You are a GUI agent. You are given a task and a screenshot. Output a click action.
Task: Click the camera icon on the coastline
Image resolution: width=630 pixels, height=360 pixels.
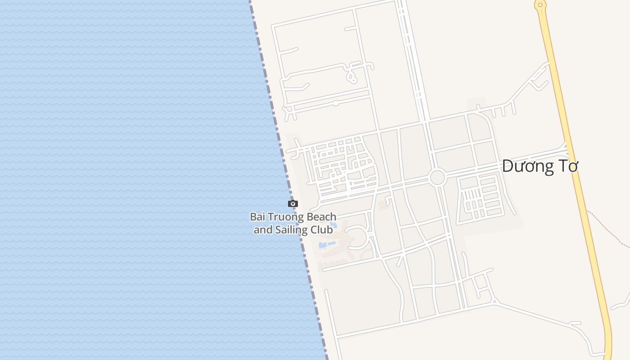(x=293, y=204)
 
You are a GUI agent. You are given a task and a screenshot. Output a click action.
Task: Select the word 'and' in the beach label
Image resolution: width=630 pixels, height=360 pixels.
(x=263, y=230)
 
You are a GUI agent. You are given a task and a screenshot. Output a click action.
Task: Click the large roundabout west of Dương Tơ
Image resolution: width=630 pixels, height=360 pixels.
(x=437, y=177)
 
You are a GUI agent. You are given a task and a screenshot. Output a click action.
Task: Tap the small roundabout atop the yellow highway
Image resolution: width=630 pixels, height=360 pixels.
(x=540, y=5)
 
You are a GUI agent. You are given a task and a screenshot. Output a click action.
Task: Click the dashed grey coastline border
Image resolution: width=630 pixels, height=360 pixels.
(x=279, y=135)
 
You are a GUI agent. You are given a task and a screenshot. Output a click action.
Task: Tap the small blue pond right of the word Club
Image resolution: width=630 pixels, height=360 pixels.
(x=333, y=224)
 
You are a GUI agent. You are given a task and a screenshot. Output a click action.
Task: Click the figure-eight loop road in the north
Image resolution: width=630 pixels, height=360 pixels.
(x=351, y=74)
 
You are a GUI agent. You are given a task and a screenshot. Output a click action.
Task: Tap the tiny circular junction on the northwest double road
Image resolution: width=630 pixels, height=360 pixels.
(x=336, y=103)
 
